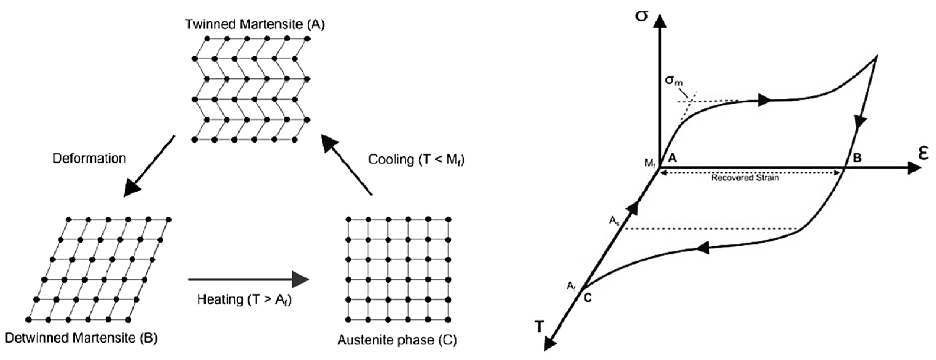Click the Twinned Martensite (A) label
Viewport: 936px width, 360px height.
coord(255,24)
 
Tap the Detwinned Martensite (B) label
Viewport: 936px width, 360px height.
coord(81,338)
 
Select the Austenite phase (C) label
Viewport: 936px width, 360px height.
coord(397,340)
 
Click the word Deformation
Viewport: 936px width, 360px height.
coord(89,158)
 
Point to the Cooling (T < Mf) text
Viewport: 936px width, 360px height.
coord(416,159)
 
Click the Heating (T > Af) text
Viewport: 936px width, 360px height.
coord(245,300)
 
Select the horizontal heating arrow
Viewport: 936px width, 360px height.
coord(248,279)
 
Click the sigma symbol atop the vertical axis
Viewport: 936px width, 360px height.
coord(642,16)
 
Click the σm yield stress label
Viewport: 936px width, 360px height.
coord(674,81)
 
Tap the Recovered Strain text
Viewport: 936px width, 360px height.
coord(745,178)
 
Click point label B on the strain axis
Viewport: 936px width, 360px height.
coord(857,158)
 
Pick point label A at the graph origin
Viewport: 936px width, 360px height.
coord(672,158)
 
